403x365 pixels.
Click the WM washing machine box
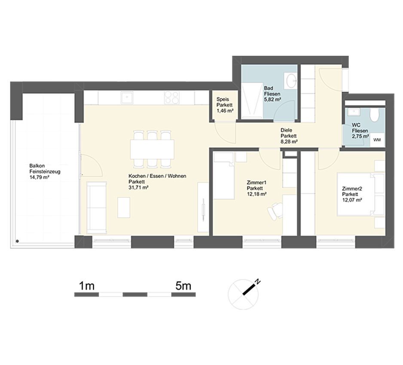point(377,140)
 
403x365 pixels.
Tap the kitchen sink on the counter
point(127,97)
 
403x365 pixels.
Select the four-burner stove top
point(172,97)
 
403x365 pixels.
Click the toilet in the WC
point(375,115)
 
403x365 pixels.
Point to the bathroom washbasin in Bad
point(291,80)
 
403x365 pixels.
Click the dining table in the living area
point(152,149)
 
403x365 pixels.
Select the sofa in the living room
point(96,207)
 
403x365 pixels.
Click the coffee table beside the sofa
point(124,207)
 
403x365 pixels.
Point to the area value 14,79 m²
point(40,177)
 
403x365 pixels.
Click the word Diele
point(286,130)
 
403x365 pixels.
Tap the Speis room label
point(223,99)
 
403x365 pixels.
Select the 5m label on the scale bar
point(183,286)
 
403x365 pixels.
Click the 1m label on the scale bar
point(87,286)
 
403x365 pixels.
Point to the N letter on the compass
point(257,282)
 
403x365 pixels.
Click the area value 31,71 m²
point(138,188)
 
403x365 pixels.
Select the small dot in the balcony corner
point(17,241)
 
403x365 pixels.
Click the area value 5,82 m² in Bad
point(272,100)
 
